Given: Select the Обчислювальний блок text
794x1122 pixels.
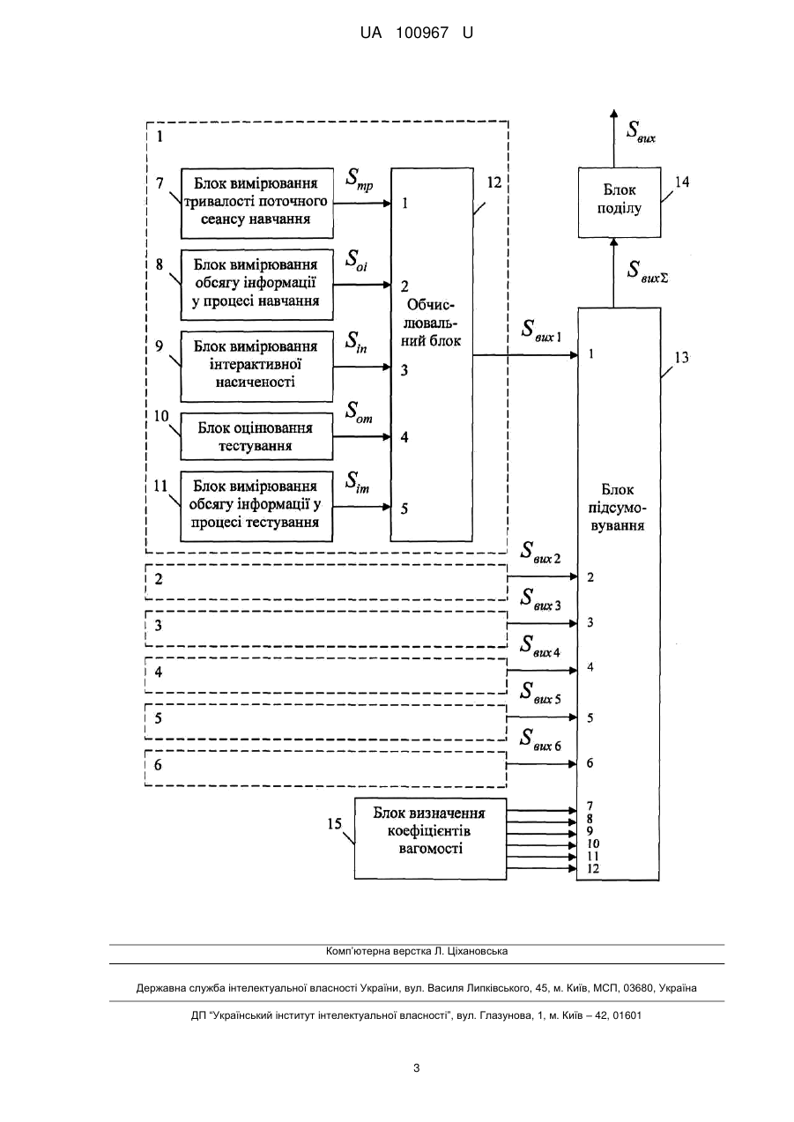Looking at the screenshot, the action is [x=431, y=323].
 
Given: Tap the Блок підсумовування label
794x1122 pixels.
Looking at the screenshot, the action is [x=617, y=508].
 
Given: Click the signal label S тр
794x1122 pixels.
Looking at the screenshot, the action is [x=360, y=180].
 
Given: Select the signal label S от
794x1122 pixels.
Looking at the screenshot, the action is [x=359, y=412].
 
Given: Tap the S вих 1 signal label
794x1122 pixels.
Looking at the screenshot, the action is [x=541, y=331].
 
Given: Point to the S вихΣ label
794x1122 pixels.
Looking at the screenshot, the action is [x=647, y=271].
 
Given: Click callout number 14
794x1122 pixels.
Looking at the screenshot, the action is [x=682, y=182].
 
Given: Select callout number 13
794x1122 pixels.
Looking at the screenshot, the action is [x=681, y=358].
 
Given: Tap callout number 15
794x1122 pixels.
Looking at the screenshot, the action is [x=335, y=823].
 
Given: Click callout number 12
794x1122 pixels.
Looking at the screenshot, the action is [x=493, y=182].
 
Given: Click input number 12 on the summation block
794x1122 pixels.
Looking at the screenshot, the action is [x=593, y=868].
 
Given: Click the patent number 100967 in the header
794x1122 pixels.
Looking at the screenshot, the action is [x=422, y=33].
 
